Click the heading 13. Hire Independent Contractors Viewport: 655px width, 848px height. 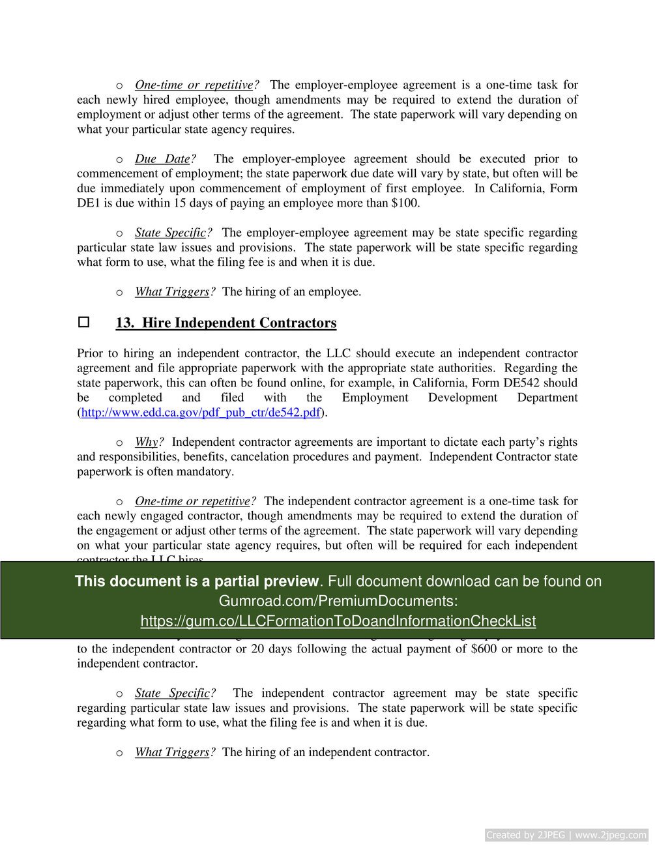click(226, 323)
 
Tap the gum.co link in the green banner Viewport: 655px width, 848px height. click(338, 621)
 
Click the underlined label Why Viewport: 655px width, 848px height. click(147, 442)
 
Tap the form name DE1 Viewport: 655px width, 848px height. click(88, 203)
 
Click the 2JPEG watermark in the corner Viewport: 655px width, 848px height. click(566, 835)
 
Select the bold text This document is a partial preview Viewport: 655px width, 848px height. click(197, 581)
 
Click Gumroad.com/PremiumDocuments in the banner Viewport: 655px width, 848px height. click(338, 601)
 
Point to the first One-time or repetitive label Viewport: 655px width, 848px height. click(194, 85)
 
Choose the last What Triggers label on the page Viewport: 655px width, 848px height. click(172, 752)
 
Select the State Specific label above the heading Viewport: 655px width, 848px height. click(170, 233)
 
